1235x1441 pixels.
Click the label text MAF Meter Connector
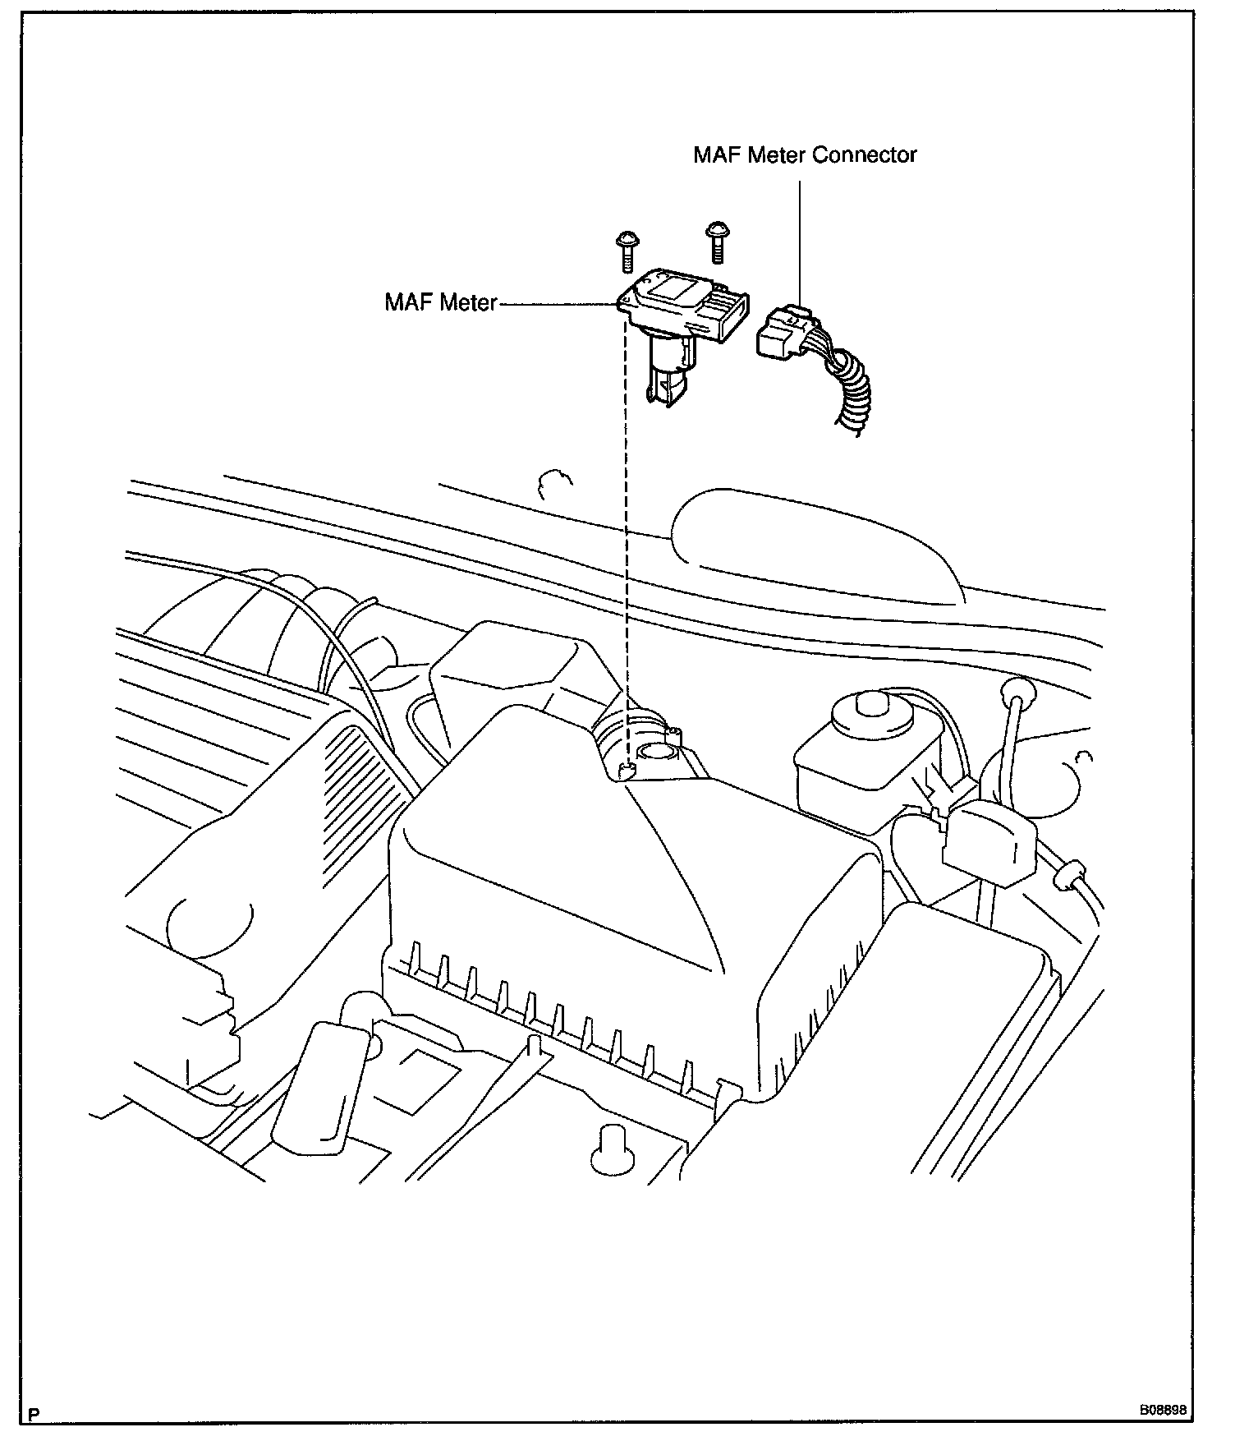point(804,154)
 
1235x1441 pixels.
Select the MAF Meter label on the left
point(441,302)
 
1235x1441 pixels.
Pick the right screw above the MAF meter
point(716,242)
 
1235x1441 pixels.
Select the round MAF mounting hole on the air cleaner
point(656,750)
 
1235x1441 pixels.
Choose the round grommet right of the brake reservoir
point(1016,691)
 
